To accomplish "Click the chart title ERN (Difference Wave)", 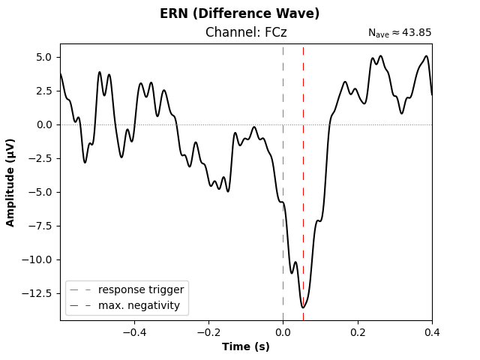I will [239, 13].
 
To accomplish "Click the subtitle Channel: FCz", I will [246, 32].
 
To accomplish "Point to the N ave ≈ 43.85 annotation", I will [399, 33].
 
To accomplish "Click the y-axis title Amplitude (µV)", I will [10, 182].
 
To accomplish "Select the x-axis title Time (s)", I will [246, 346].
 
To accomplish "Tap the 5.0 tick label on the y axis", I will [43, 57].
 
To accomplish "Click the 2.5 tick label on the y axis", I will [43, 91].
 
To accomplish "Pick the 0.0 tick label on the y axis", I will [43, 124].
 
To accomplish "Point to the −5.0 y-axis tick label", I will [40, 192].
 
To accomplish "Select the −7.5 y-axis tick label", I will [40, 226].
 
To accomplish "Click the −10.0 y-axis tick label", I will [37, 259].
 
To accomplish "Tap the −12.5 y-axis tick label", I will [37, 293].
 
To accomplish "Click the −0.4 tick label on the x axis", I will [132, 331].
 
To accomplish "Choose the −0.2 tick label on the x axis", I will [206, 331].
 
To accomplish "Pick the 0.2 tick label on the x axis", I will [358, 331].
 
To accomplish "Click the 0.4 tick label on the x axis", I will [431, 331].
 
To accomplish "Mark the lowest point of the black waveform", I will [303, 307].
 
